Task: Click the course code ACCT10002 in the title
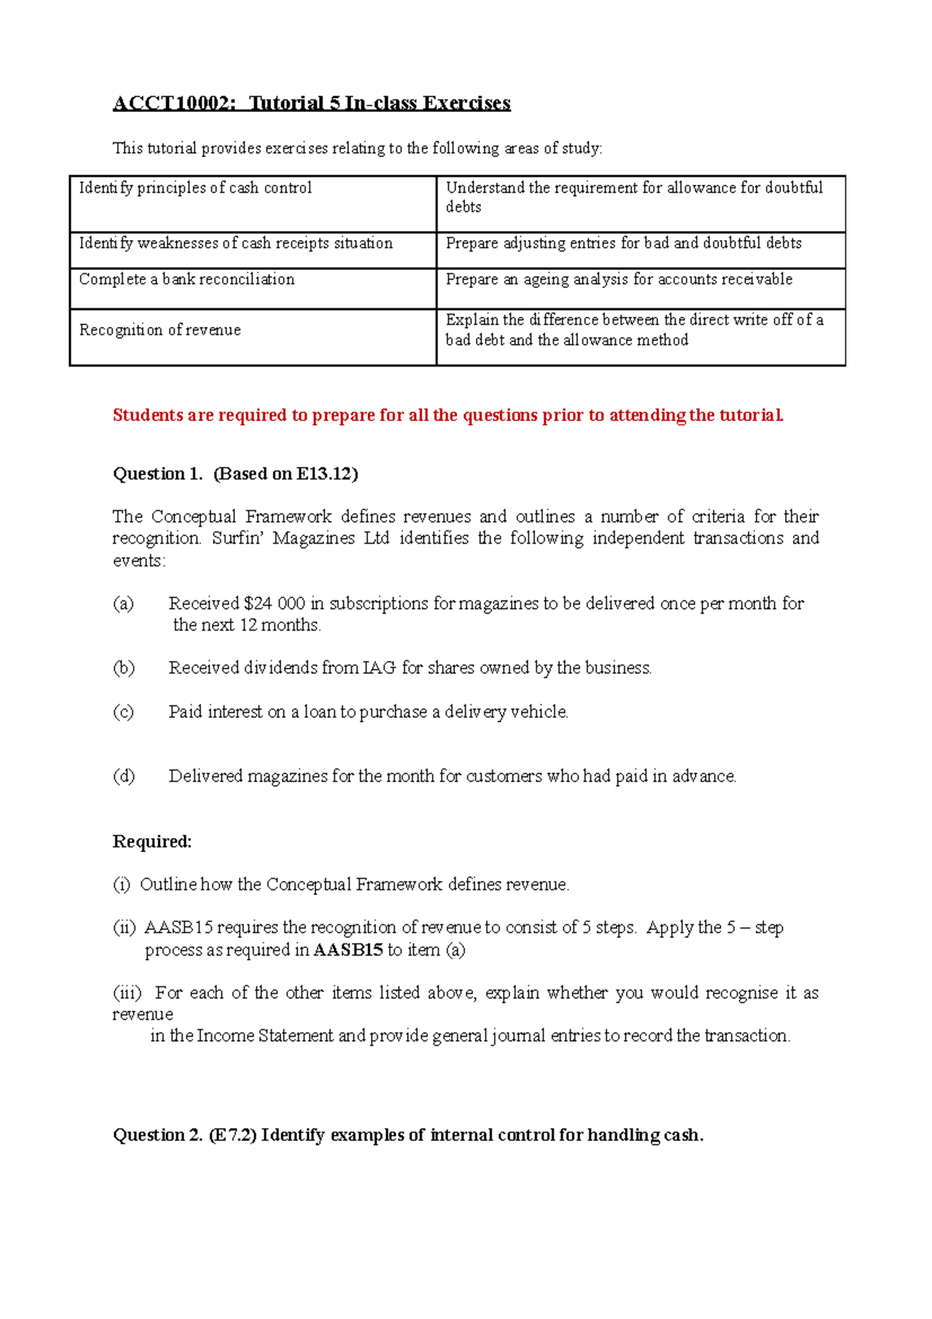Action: click(172, 103)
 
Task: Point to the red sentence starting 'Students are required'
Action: click(448, 416)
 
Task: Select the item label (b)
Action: click(123, 668)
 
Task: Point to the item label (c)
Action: click(123, 712)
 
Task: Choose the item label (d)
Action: click(123, 776)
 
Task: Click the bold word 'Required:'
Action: click(152, 842)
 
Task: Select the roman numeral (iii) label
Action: click(128, 993)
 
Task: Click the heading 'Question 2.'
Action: click(158, 1136)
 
